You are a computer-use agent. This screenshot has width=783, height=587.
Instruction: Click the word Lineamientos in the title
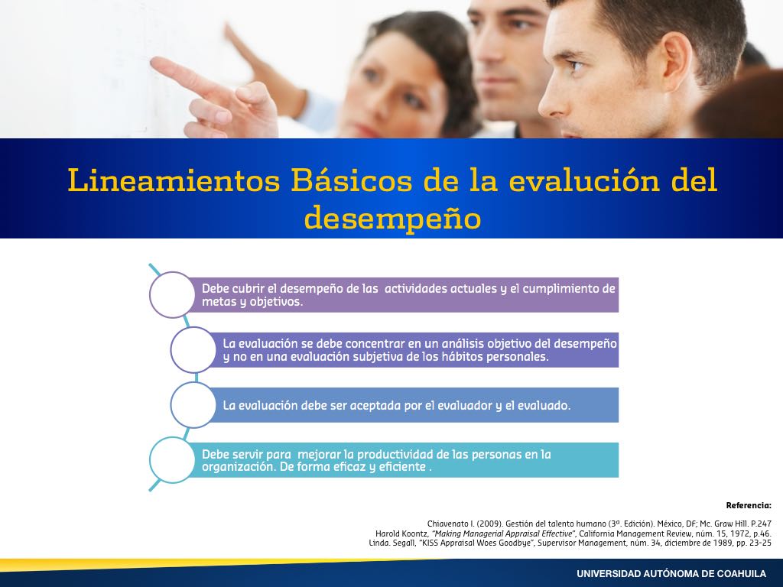[174, 180]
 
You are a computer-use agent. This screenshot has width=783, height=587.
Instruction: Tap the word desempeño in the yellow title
[392, 219]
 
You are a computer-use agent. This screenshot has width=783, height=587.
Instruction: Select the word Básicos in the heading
[352, 180]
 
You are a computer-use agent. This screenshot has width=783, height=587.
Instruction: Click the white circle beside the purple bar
[172, 295]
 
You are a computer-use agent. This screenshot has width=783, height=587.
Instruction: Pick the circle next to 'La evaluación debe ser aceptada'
[193, 405]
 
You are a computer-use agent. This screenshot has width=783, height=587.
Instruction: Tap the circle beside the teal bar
[172, 459]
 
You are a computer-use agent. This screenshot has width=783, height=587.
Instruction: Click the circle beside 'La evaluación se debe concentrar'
[193, 350]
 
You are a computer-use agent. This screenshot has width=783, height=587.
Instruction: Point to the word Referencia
[749, 506]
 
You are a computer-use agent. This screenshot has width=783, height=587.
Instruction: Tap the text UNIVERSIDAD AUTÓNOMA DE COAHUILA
[671, 574]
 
